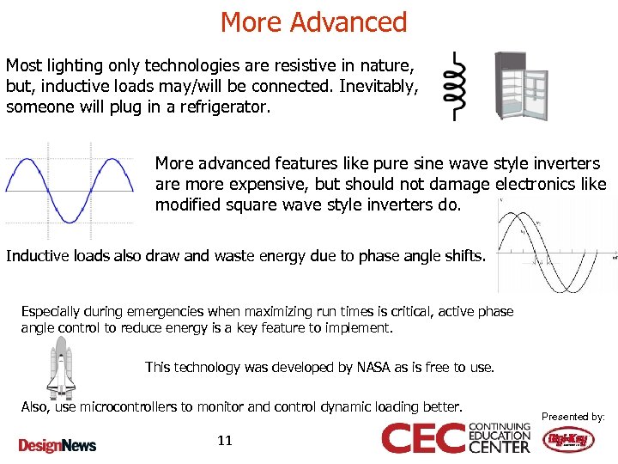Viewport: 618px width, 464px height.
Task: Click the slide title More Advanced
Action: pos(313,21)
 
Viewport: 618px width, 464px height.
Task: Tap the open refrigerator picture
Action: pos(520,86)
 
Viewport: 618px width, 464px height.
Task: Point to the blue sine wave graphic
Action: pos(69,189)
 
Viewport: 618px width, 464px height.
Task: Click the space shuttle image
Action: pos(60,367)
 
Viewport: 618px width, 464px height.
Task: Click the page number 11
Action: pos(225,441)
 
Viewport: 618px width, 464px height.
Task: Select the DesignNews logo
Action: pos(58,445)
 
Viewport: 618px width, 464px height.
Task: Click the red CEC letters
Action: pos(423,438)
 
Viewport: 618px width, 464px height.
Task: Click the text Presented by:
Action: pos(573,417)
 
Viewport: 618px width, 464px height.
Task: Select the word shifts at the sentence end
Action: pos(464,256)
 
